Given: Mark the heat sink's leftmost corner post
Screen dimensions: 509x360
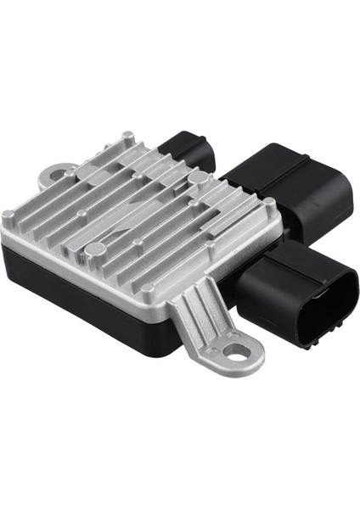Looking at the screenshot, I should coord(8,218).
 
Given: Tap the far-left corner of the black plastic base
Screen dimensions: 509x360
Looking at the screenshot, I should coord(3,246).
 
